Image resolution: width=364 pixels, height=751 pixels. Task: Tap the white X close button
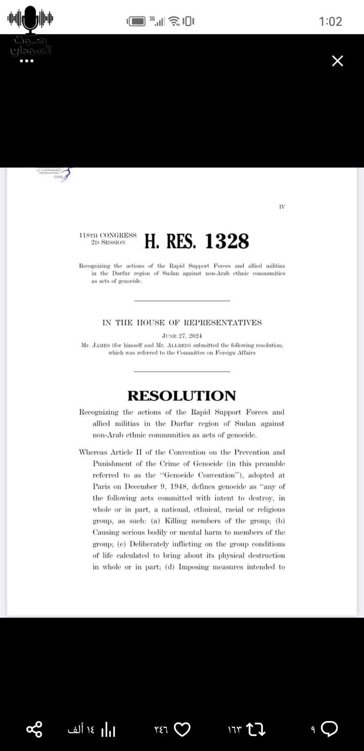(x=337, y=61)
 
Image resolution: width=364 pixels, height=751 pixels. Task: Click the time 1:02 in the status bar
(x=330, y=21)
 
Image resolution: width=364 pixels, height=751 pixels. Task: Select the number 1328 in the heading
(x=227, y=241)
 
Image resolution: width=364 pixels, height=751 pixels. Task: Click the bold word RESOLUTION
(x=182, y=396)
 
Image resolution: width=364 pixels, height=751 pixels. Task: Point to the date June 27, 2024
(x=182, y=336)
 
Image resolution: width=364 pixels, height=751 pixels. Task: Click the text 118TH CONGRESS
(x=108, y=235)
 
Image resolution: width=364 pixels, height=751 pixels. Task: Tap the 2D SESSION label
(x=108, y=242)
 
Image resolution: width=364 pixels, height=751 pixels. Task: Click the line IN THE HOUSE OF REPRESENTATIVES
(x=182, y=322)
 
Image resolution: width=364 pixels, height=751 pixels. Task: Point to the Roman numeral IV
(x=282, y=207)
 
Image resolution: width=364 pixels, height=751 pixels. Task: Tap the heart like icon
(x=182, y=729)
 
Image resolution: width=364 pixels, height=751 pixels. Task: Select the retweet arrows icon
(x=256, y=729)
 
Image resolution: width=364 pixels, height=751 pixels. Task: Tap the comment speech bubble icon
(x=330, y=728)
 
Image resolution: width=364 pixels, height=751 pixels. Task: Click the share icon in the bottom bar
(x=34, y=729)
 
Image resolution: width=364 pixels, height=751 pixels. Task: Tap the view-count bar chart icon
(x=108, y=729)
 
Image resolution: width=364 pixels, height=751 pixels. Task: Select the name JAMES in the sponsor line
(x=102, y=345)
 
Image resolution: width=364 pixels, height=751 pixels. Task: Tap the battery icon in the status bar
(x=137, y=21)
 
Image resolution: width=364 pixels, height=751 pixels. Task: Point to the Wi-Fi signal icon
(x=174, y=21)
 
